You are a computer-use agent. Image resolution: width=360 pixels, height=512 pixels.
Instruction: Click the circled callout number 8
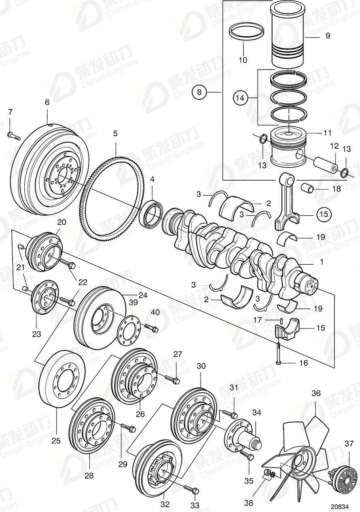tap(199, 93)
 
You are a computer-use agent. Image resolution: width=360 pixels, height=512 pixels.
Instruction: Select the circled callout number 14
tap(240, 98)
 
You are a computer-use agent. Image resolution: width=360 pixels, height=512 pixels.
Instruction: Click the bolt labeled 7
tap(13, 135)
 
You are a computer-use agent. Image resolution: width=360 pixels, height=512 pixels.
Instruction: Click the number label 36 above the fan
tap(316, 392)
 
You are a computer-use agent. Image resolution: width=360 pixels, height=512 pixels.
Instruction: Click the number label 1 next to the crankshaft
tap(322, 262)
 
